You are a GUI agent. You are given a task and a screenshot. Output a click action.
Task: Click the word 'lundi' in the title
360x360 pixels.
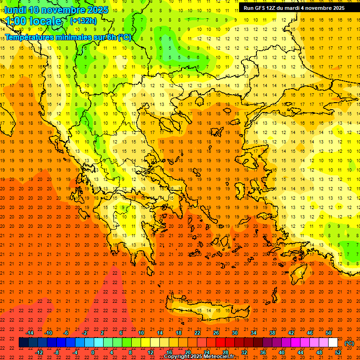click(x=15, y=9)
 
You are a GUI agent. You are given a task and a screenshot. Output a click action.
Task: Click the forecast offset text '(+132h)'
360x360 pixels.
click(x=83, y=21)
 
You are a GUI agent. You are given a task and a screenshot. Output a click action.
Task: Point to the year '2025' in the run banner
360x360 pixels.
click(x=337, y=8)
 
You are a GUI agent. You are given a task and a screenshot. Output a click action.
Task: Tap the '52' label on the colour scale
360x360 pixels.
click(x=338, y=352)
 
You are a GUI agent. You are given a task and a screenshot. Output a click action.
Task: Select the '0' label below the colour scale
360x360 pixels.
click(x=93, y=352)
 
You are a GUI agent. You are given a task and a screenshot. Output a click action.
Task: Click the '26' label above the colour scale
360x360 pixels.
click(x=216, y=333)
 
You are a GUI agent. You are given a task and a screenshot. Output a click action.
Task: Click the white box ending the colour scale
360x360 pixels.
click(x=333, y=343)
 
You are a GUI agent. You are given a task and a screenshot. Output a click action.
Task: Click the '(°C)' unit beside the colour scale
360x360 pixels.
click(x=349, y=343)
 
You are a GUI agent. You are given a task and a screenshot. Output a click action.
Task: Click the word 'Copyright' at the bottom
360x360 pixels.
click(x=178, y=357)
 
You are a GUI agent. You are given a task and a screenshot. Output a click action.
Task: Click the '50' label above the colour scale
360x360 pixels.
click(x=328, y=333)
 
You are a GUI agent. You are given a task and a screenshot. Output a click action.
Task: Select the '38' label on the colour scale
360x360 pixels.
click(x=272, y=333)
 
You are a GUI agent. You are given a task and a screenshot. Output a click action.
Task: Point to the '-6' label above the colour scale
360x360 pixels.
click(x=66, y=333)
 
